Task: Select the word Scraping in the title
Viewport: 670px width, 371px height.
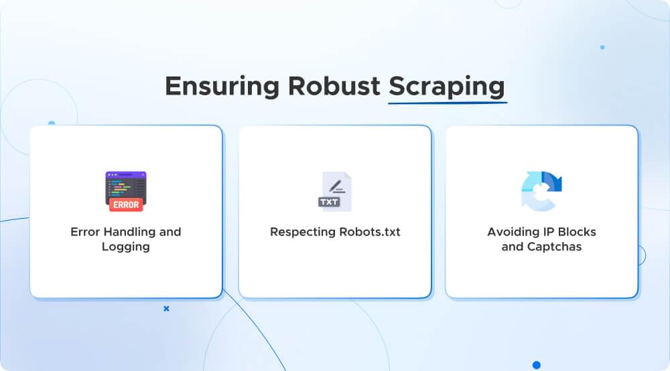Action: pyautogui.click(x=447, y=89)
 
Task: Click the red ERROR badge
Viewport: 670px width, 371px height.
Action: pyautogui.click(x=126, y=205)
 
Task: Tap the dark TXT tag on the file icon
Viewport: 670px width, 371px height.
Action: pyautogui.click(x=329, y=201)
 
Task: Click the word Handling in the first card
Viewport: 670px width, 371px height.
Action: pyautogui.click(x=128, y=232)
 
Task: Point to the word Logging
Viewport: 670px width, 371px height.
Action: pyautogui.click(x=126, y=247)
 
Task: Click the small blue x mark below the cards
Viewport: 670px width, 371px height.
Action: pyautogui.click(x=166, y=309)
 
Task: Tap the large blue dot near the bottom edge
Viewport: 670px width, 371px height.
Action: pyautogui.click(x=536, y=365)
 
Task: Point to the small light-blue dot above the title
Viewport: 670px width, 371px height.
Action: pyautogui.click(x=602, y=48)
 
